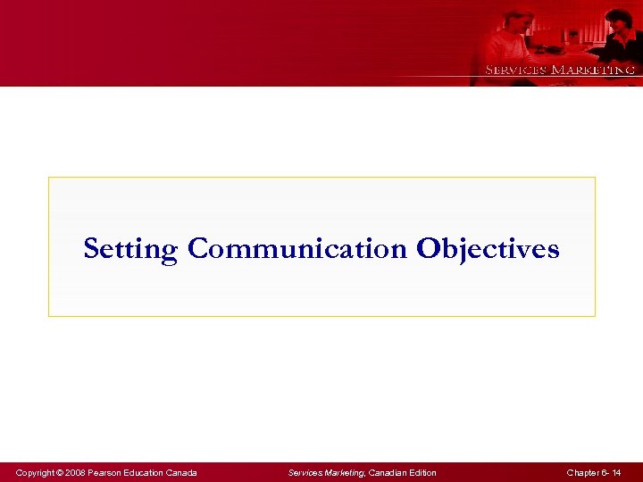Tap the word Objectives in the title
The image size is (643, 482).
pyautogui.click(x=488, y=249)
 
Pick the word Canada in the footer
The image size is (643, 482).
pyautogui.click(x=183, y=472)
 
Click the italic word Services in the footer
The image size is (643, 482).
pyautogui.click(x=305, y=472)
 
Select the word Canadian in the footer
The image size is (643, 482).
pyautogui.click(x=388, y=472)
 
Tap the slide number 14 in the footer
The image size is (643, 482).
pyautogui.click(x=616, y=472)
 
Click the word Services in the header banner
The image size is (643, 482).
pyautogui.click(x=515, y=70)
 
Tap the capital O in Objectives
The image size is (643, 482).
pyautogui.click(x=425, y=248)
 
